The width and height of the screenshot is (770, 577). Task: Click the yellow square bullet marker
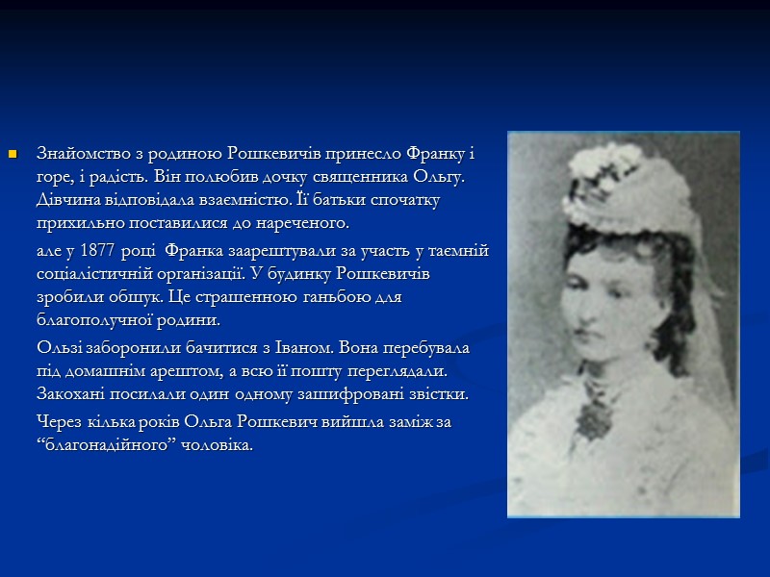[13, 153]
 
